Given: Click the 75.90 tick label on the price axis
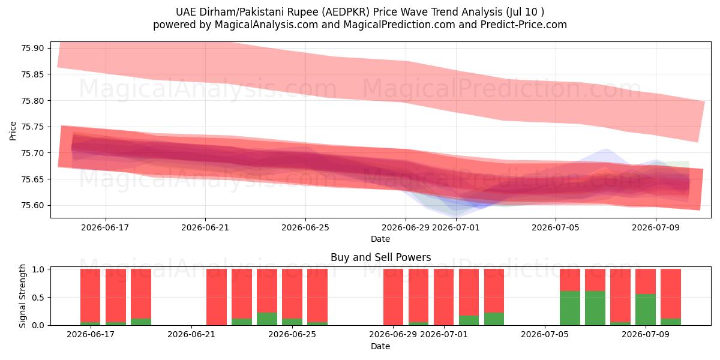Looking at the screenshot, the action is [32, 48].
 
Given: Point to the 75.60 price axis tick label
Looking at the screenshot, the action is [32, 205].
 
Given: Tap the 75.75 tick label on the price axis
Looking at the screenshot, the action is [32, 127].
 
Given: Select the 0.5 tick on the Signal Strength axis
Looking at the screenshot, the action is [38, 298].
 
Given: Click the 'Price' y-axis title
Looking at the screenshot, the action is [13, 131].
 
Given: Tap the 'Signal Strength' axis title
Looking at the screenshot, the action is [22, 296].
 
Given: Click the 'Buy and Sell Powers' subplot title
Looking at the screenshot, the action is [380, 257].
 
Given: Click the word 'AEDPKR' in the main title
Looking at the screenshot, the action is [347, 12].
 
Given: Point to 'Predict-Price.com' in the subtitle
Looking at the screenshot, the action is [524, 25].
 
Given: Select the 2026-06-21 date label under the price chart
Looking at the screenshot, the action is [205, 227].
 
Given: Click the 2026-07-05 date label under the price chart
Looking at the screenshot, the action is [556, 227].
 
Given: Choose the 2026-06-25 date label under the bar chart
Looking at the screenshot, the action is [292, 334].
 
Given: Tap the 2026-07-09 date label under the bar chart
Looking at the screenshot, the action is [646, 334].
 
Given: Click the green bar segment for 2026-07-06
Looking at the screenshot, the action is [570, 308].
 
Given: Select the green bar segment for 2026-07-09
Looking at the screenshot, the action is [646, 310].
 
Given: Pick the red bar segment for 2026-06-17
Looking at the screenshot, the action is [91, 296].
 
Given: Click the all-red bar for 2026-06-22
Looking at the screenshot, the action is [217, 297].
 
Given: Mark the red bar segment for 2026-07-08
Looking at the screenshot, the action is [620, 296].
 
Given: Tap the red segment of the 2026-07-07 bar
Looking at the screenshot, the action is [595, 280].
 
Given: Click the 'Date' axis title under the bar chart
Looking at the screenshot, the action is [380, 347].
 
